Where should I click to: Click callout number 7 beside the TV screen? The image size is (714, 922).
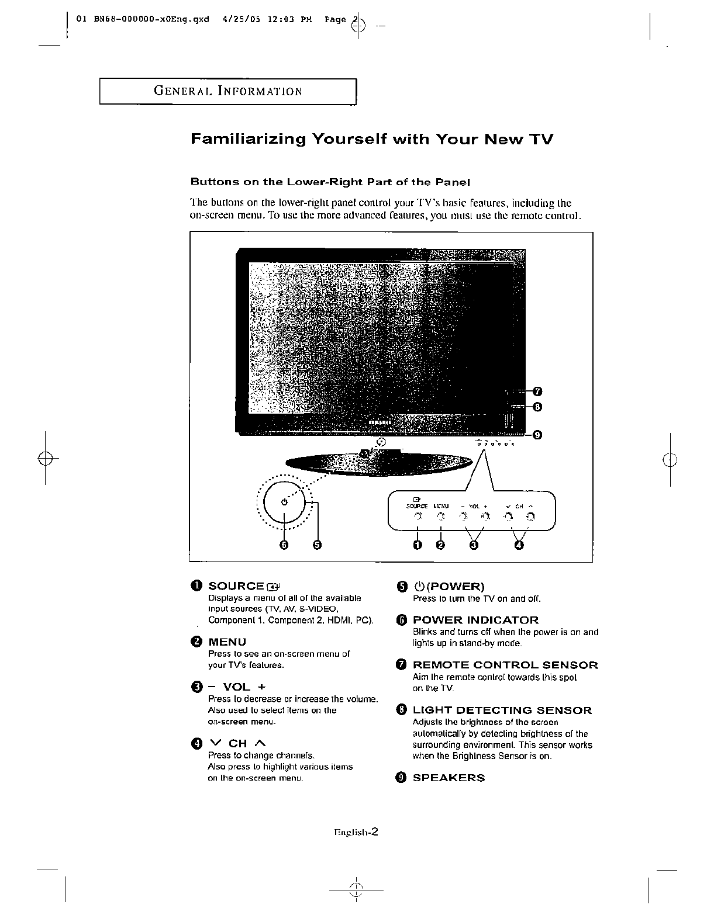pos(537,391)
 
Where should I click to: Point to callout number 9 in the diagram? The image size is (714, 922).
pos(537,434)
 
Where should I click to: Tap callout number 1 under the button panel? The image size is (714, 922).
pos(418,545)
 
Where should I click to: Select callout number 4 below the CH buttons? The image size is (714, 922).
pos(519,545)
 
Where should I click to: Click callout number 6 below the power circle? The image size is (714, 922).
pos(285,545)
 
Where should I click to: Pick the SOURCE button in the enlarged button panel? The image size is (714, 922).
pos(418,517)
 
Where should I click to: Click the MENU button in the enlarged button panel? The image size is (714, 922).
pos(441,517)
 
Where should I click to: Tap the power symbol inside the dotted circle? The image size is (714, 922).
pos(284,502)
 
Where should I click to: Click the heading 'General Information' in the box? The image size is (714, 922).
pos(228,91)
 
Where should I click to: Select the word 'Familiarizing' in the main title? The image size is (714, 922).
pos(248,139)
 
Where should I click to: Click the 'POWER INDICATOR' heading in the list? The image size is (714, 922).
pos(475,620)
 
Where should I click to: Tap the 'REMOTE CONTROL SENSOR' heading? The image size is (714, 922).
pos(505,665)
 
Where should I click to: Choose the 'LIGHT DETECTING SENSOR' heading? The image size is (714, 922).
pos(502,710)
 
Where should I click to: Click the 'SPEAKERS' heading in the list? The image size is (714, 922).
pos(449,778)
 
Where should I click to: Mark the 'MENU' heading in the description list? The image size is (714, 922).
pos(227,642)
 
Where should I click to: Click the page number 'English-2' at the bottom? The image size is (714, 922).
pos(356,833)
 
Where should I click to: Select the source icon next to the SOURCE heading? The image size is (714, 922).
pos(274,587)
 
